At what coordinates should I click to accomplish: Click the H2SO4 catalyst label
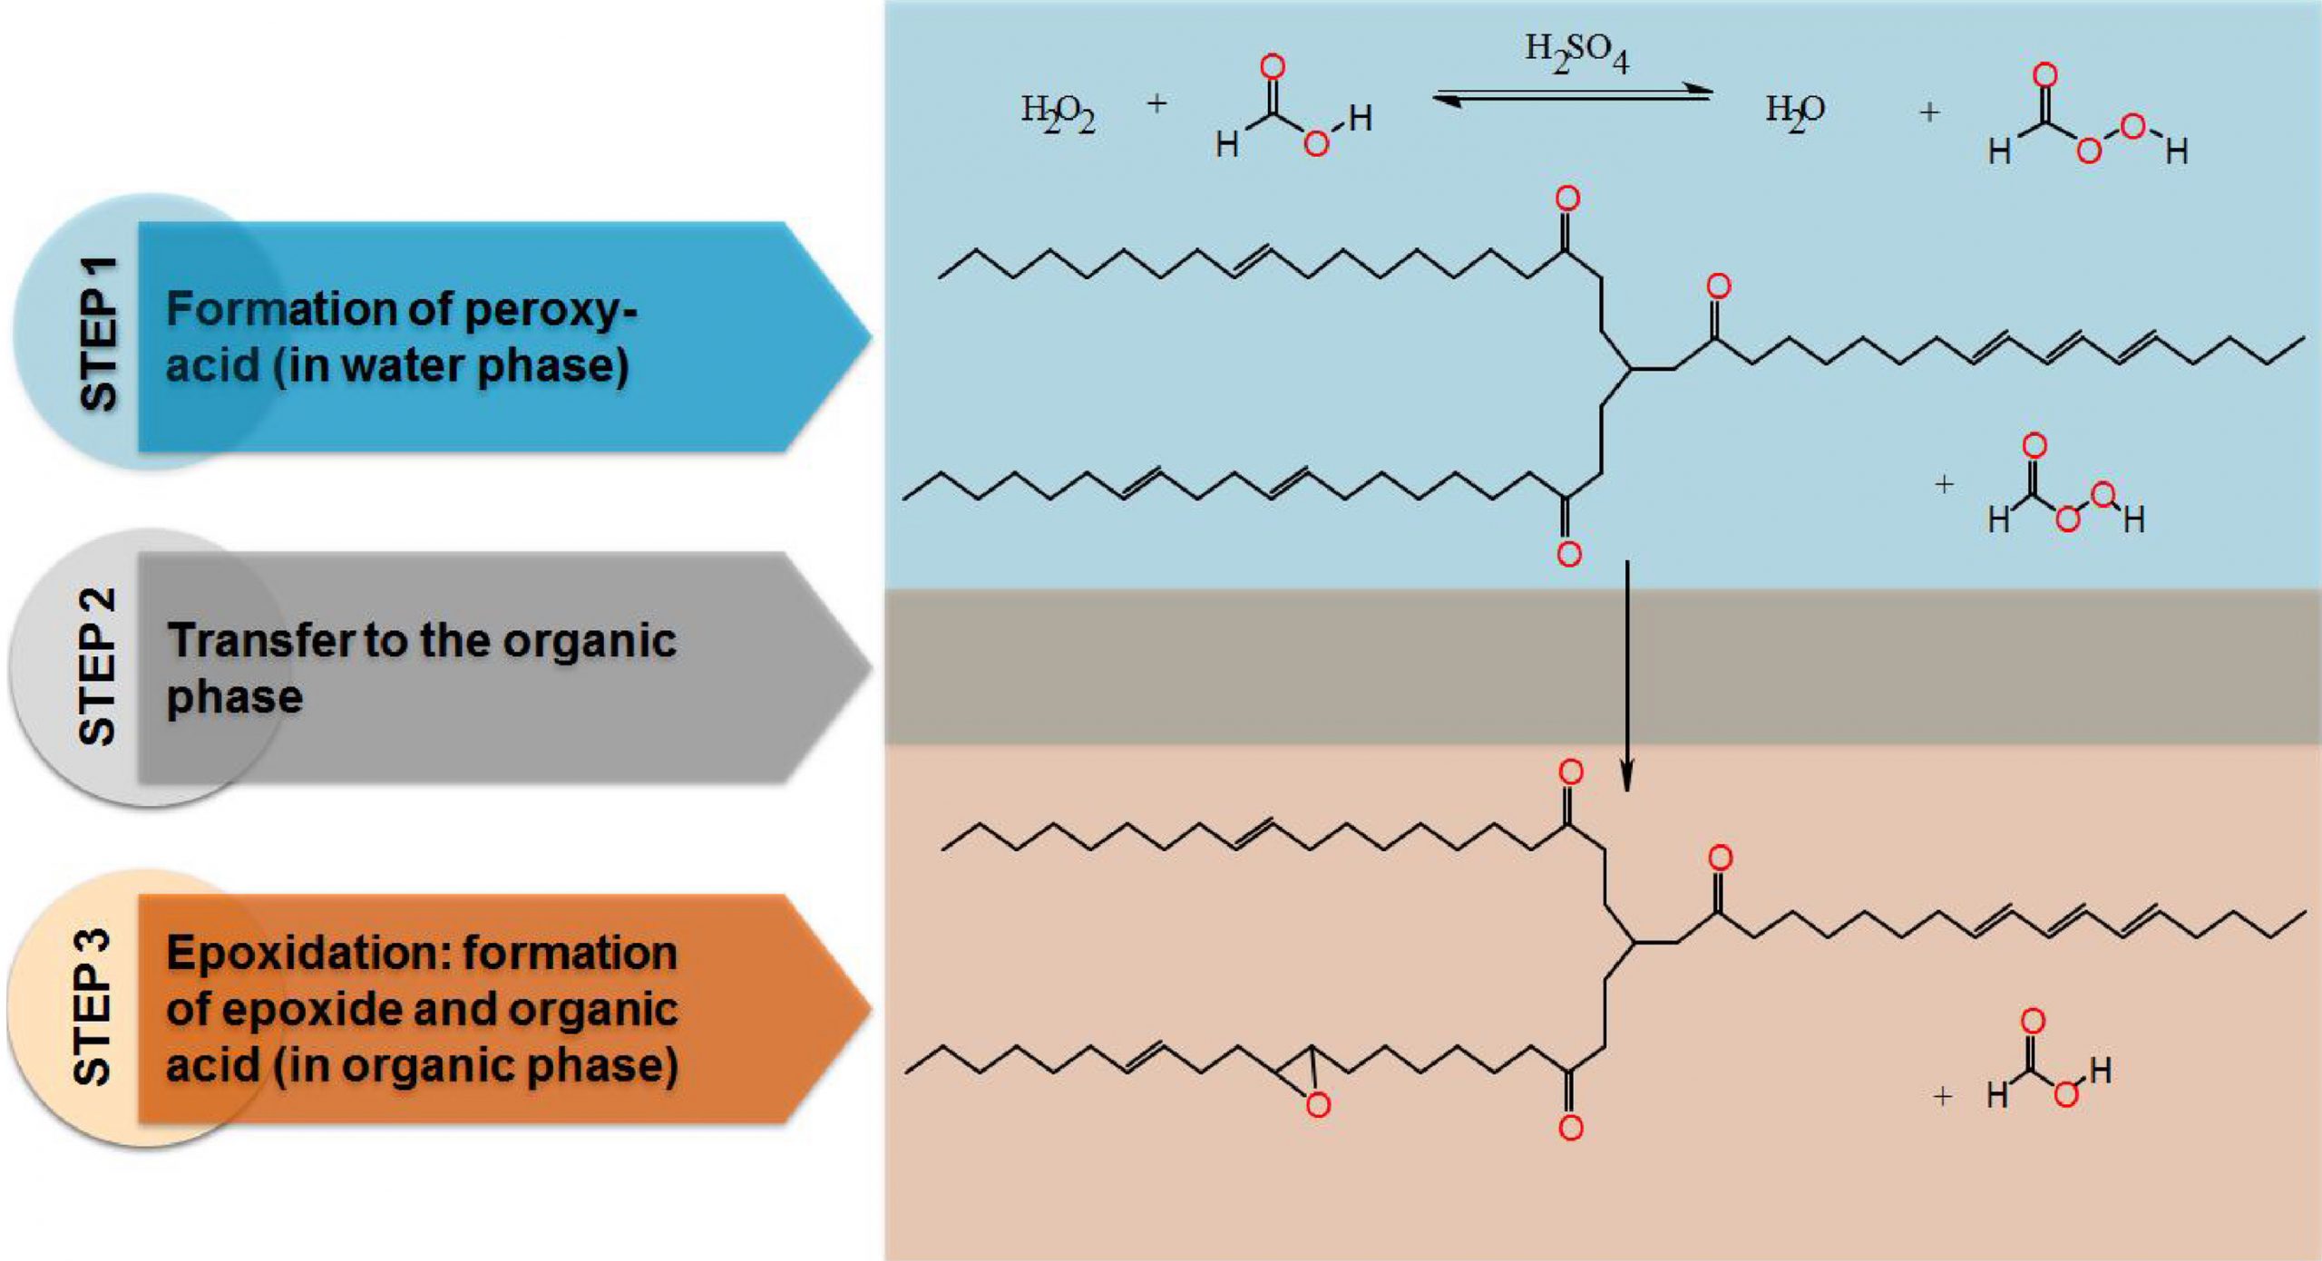click(1576, 53)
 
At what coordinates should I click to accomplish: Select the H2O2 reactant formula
click(1058, 114)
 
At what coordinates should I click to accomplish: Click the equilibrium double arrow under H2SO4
click(1572, 95)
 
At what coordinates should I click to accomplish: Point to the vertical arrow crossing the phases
click(1627, 676)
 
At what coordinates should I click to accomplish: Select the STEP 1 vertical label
click(99, 334)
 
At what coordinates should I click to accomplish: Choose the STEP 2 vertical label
click(97, 666)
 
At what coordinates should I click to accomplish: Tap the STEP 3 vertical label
click(93, 1006)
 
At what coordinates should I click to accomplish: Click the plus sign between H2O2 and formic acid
click(1156, 103)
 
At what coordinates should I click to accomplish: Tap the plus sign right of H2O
click(1929, 112)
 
